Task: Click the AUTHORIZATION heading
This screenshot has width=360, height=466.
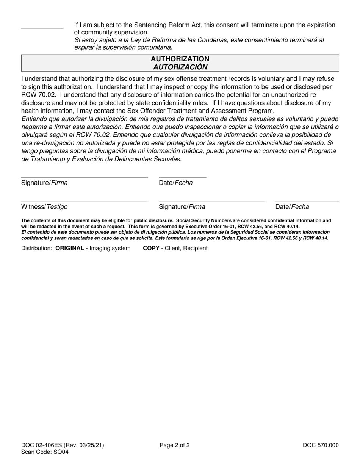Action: pos(180,59)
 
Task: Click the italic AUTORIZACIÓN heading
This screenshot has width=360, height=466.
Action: pos(180,67)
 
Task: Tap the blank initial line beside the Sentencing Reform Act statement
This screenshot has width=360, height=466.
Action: pos(42,28)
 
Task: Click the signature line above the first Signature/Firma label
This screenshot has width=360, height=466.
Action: pos(85,177)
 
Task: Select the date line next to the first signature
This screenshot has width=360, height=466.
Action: pos(182,177)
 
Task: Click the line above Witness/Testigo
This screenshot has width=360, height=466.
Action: pos(85,202)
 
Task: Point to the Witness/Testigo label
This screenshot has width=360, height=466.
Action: pos(44,207)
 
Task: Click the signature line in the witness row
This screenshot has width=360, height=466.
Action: pos(211,202)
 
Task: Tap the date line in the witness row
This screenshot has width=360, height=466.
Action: pos(307,202)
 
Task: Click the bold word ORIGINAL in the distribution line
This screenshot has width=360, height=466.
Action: pos(70,248)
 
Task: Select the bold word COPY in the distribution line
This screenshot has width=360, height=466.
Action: pos(151,248)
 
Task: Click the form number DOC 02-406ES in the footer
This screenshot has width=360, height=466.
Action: pos(42,445)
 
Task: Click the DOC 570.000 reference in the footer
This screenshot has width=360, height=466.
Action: pos(321,445)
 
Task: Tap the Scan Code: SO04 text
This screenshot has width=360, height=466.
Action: pos(45,452)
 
